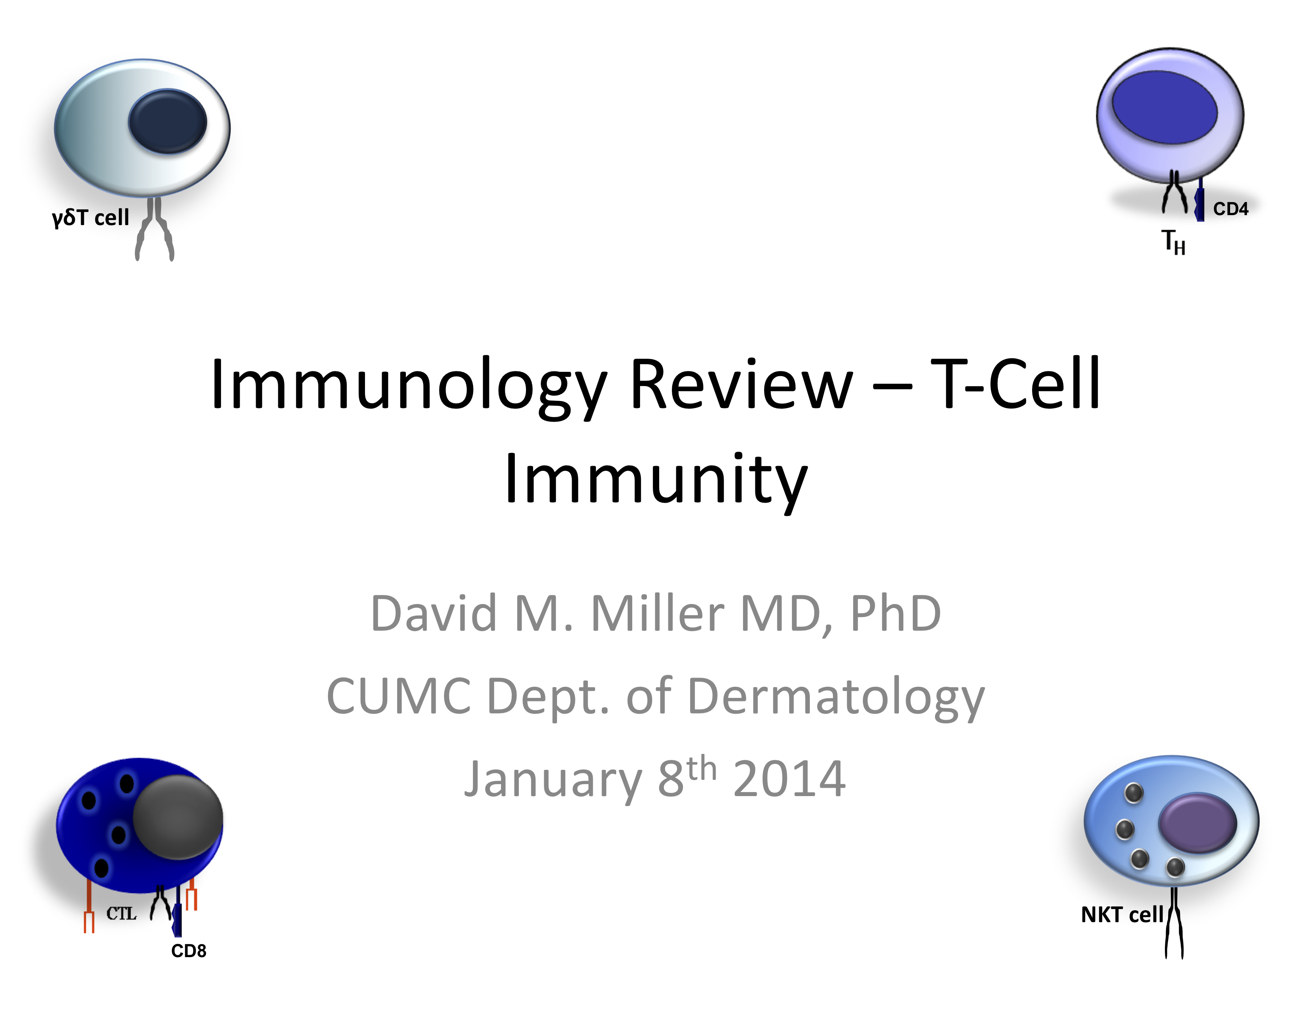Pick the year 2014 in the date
[789, 779]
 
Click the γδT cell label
[90, 218]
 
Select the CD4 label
[1230, 209]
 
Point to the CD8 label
[188, 951]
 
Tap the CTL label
[121, 914]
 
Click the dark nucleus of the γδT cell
[168, 121]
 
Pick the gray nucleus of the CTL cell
[178, 817]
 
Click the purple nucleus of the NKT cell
[1197, 824]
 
